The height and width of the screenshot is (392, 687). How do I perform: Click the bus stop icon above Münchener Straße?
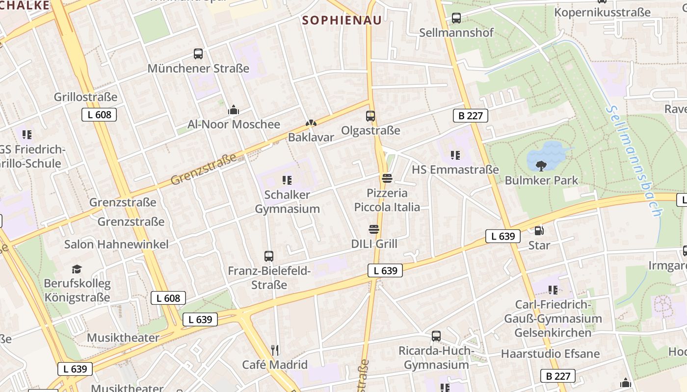198,54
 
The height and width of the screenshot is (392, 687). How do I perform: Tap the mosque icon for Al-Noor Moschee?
234,110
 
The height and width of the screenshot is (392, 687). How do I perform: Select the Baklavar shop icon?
311,123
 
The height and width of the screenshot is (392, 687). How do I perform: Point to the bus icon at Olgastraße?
370,116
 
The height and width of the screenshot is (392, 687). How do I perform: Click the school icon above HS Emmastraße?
455,155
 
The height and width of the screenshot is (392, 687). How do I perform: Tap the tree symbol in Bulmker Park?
542,166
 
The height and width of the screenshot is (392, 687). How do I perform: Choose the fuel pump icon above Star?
539,230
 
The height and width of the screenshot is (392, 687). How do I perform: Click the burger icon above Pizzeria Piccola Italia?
387,178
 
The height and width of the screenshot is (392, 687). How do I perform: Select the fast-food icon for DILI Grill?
374,229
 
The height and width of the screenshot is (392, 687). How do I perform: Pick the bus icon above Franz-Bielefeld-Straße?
269,256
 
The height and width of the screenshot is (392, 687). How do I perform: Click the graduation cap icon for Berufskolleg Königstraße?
77,269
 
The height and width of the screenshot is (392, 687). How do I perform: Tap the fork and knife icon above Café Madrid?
275,350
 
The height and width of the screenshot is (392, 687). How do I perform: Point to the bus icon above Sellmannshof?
456,18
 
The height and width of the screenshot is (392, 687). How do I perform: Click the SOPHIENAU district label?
342,21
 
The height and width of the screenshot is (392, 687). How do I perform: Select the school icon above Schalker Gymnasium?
287,180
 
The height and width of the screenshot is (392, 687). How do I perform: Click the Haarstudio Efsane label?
550,354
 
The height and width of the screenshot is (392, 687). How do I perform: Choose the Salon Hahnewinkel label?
116,244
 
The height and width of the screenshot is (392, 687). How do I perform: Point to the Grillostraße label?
86,97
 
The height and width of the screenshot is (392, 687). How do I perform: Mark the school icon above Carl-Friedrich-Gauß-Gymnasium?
553,290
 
